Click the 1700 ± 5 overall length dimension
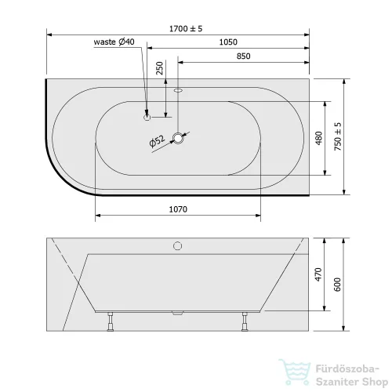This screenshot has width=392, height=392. point(186,28)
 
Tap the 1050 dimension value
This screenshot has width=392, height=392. point(228,42)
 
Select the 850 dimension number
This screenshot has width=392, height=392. point(243,56)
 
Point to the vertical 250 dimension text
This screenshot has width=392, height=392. point(159,68)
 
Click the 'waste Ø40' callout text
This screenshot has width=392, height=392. point(114,42)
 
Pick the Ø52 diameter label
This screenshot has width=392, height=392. point(157,141)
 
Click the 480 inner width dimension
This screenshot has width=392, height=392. point(319,138)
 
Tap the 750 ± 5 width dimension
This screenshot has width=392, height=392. point(338,136)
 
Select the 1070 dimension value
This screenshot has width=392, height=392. point(178,209)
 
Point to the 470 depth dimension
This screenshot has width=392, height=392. point(318,274)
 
